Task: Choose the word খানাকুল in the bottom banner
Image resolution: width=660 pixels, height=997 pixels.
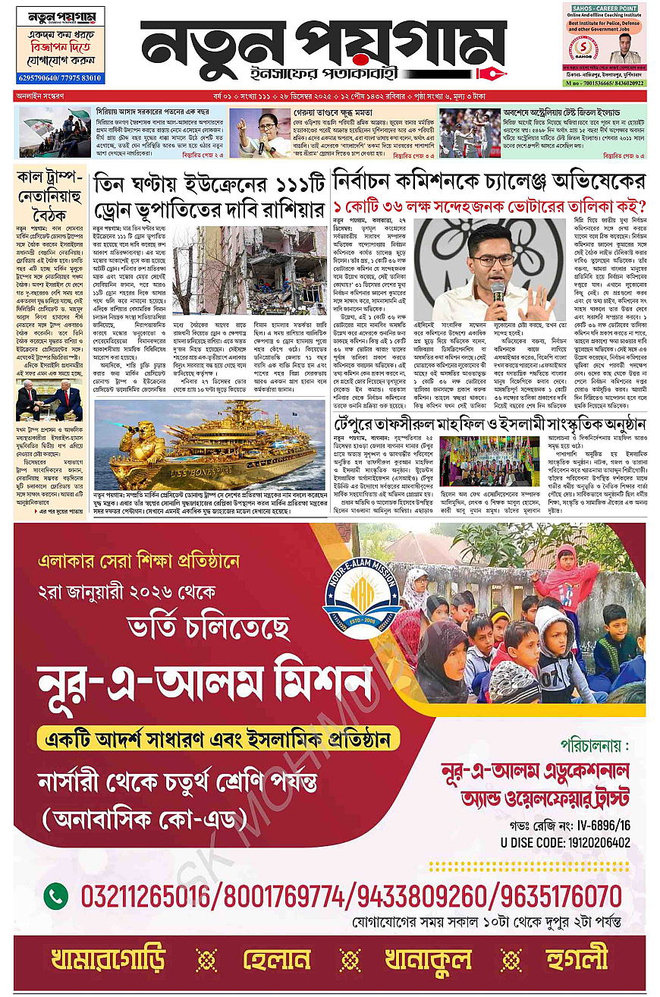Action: click(x=427, y=959)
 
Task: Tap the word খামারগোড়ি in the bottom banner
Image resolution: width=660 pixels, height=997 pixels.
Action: click(x=108, y=959)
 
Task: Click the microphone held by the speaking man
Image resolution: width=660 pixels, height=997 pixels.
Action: click(x=498, y=290)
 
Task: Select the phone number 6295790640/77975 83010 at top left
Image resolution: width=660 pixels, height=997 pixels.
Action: click(x=59, y=78)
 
